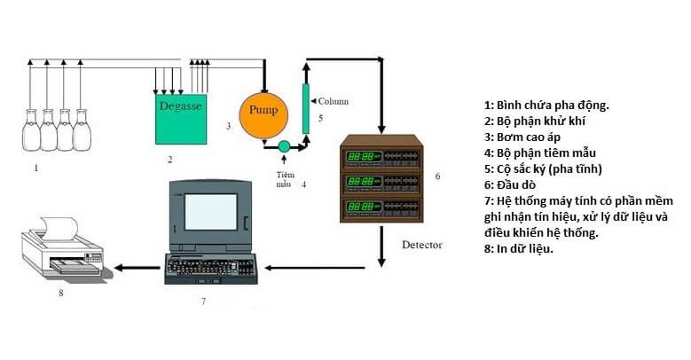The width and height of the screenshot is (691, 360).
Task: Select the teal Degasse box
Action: click(181, 119)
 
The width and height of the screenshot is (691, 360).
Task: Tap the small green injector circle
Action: click(283, 145)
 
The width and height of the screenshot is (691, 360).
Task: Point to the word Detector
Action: click(421, 244)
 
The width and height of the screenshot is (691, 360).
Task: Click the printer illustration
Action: click(58, 248)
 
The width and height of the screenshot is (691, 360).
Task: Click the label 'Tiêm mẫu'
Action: click(284, 179)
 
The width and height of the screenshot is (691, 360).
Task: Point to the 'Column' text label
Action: click(334, 101)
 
